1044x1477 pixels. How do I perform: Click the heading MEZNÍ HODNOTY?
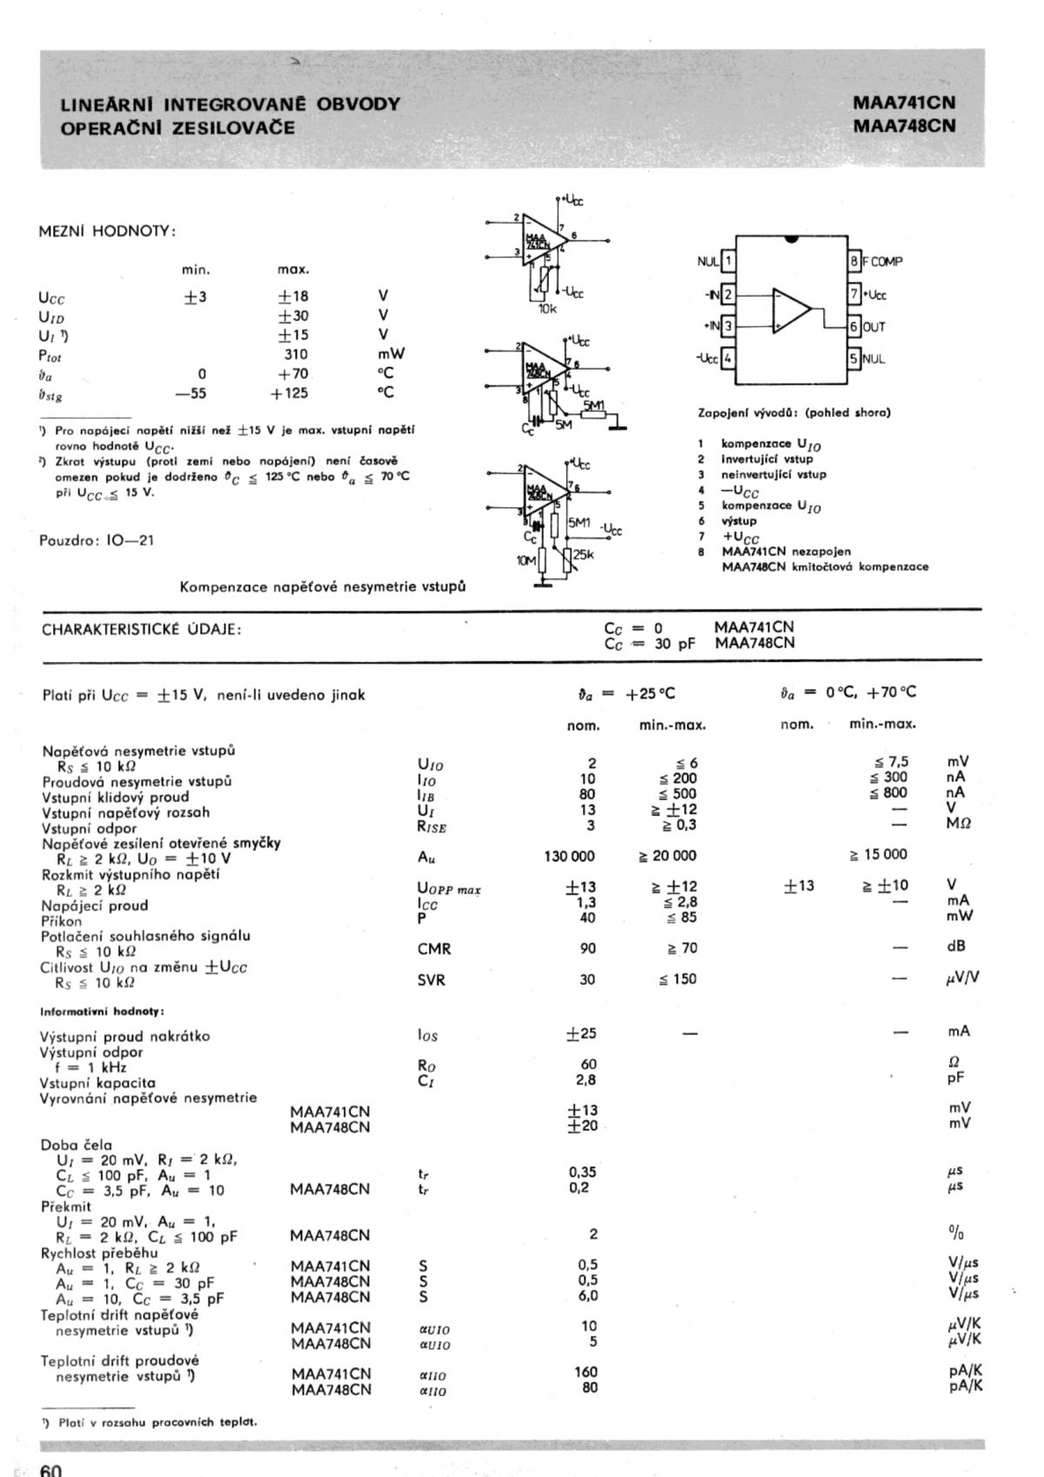tap(107, 231)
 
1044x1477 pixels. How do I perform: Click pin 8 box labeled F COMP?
tap(854, 261)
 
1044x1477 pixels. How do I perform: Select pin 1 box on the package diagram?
tap(728, 261)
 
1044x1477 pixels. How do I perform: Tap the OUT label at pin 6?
tap(873, 327)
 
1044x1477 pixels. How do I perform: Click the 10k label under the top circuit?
tap(547, 309)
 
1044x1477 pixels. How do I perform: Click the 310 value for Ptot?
tap(296, 355)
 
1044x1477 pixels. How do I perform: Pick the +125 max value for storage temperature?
tap(289, 393)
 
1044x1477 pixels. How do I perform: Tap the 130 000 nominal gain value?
tap(570, 856)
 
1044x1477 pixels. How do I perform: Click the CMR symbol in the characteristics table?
tap(434, 949)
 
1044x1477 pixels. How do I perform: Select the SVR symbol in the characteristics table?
tap(432, 980)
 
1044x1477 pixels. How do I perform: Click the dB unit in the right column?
tap(956, 946)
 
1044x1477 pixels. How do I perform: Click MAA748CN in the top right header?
tap(904, 125)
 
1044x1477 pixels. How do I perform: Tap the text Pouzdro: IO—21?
tap(97, 540)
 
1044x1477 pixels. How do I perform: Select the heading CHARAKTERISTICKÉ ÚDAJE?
tap(142, 630)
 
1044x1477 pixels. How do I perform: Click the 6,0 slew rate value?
tap(588, 1296)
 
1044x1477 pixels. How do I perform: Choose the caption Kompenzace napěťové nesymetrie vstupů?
tap(322, 587)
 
